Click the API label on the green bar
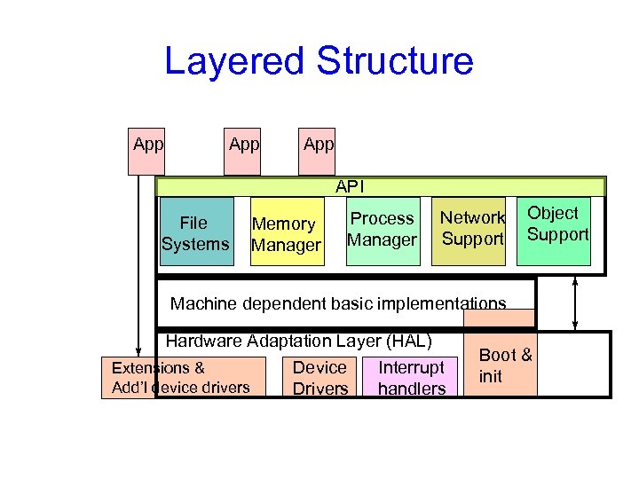click(349, 187)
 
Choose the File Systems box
click(195, 232)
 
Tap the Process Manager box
click(382, 230)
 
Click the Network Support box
click(472, 229)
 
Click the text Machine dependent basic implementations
click(338, 303)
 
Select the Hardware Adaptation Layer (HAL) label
click(298, 341)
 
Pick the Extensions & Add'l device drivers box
click(182, 377)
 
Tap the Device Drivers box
click(319, 377)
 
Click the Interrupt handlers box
click(411, 377)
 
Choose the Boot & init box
click(503, 365)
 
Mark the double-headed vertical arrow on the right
click(576, 302)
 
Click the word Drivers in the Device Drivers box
click(319, 388)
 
